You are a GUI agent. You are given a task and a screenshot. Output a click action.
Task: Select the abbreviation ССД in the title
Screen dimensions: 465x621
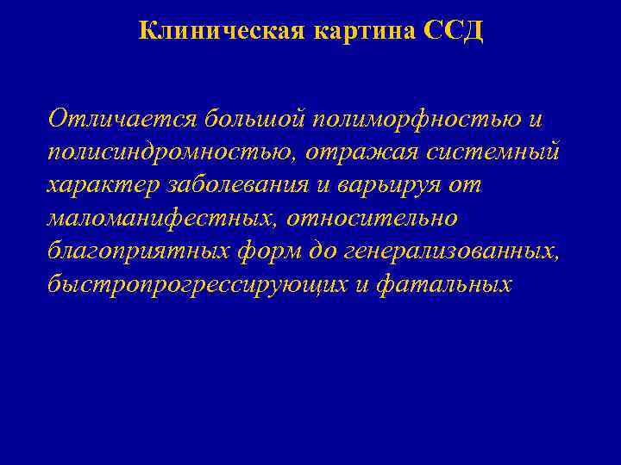[x=454, y=32]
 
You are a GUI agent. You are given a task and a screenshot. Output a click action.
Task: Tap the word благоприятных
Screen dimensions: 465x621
[x=136, y=251]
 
